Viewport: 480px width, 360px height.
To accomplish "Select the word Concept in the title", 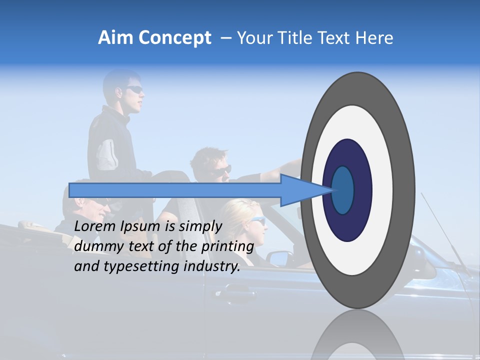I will pos(175,38).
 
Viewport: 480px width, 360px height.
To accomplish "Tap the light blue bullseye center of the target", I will pos(343,190).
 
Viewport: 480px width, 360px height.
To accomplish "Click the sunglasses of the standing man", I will pos(134,89).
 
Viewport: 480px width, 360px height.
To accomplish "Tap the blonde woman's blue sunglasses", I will pos(257,221).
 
